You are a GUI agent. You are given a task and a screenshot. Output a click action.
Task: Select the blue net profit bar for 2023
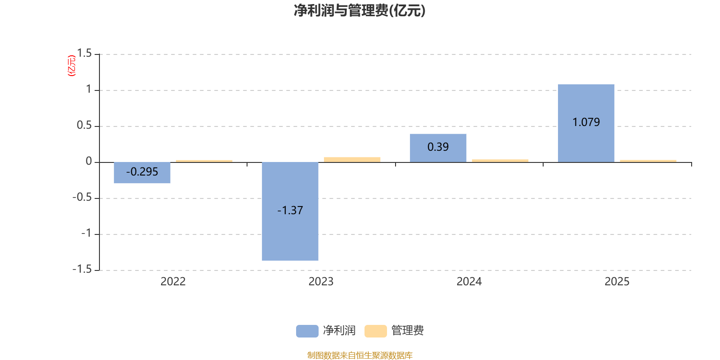click(x=290, y=234)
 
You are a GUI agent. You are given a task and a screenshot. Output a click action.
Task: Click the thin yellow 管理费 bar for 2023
click(x=352, y=159)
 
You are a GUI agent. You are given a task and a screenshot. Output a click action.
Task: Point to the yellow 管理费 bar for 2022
click(x=204, y=161)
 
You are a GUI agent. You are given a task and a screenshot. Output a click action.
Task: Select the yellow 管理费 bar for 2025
click(x=648, y=161)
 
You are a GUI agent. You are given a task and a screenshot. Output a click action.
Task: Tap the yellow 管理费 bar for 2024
click(x=500, y=161)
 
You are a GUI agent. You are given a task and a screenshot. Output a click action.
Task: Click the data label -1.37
click(x=290, y=210)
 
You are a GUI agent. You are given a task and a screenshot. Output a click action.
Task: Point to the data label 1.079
click(x=586, y=122)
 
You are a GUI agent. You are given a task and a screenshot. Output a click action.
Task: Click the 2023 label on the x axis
click(x=321, y=282)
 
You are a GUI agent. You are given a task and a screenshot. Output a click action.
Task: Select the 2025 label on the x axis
click(x=617, y=282)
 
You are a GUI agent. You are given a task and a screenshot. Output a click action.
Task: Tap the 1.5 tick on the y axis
click(x=84, y=54)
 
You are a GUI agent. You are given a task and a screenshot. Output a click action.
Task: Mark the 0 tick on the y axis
click(x=89, y=162)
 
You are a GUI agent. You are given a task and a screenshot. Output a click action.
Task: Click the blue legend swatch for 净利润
click(x=307, y=331)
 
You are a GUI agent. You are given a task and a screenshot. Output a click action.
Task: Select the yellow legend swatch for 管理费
click(x=375, y=331)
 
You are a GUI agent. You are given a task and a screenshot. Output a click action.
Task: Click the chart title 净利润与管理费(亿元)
click(x=360, y=10)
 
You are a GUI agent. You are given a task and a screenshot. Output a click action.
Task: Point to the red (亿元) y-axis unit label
click(x=71, y=66)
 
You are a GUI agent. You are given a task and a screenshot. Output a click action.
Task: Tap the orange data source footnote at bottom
click(x=360, y=355)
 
